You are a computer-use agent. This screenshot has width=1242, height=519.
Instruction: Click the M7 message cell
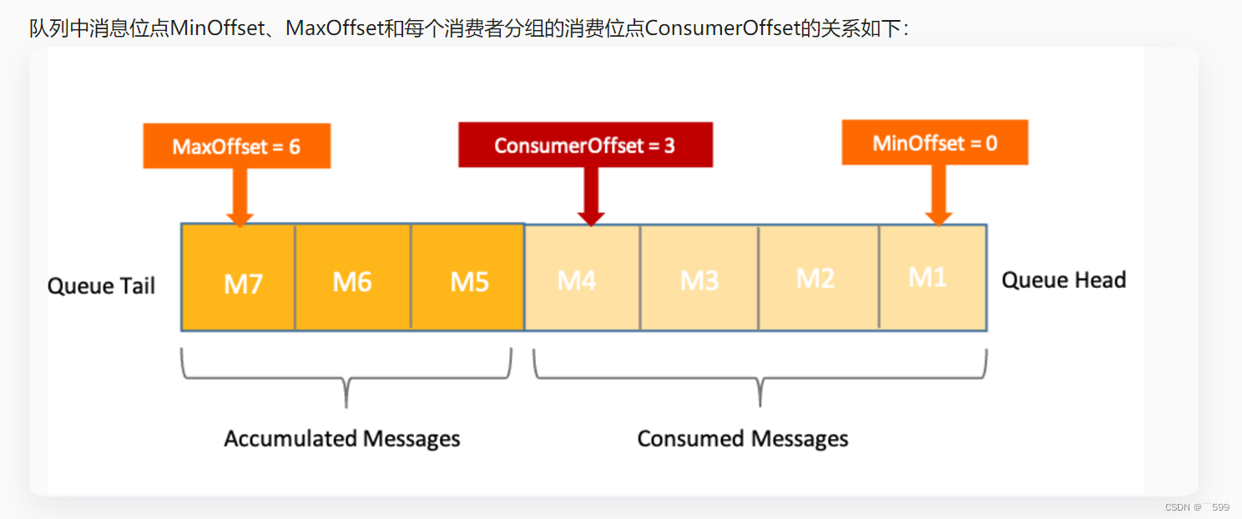(239, 278)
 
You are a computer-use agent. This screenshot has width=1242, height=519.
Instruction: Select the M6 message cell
(352, 278)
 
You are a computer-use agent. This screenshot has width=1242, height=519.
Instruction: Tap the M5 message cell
(467, 278)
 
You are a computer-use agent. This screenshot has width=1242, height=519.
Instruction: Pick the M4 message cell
(582, 278)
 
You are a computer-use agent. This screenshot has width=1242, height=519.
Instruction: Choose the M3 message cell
(699, 278)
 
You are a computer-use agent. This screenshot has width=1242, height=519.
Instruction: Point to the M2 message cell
(818, 278)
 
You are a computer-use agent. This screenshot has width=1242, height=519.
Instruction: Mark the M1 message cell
(932, 278)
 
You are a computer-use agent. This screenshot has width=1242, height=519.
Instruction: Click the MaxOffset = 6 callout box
(236, 146)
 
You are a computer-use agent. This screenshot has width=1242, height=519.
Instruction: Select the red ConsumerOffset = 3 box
(585, 145)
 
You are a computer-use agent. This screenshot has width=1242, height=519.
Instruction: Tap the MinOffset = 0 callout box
(935, 143)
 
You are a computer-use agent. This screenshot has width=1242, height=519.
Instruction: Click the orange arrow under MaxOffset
(240, 197)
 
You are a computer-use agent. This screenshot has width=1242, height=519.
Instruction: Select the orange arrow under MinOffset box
(939, 194)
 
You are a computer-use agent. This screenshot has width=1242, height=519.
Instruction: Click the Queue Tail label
(102, 285)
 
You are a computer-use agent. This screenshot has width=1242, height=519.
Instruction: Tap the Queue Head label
(1063, 280)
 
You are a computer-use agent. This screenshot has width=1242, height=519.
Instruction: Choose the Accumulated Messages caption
(342, 438)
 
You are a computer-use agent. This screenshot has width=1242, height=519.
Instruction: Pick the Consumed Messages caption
(743, 438)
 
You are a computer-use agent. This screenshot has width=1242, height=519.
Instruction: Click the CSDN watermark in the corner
(1197, 506)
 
